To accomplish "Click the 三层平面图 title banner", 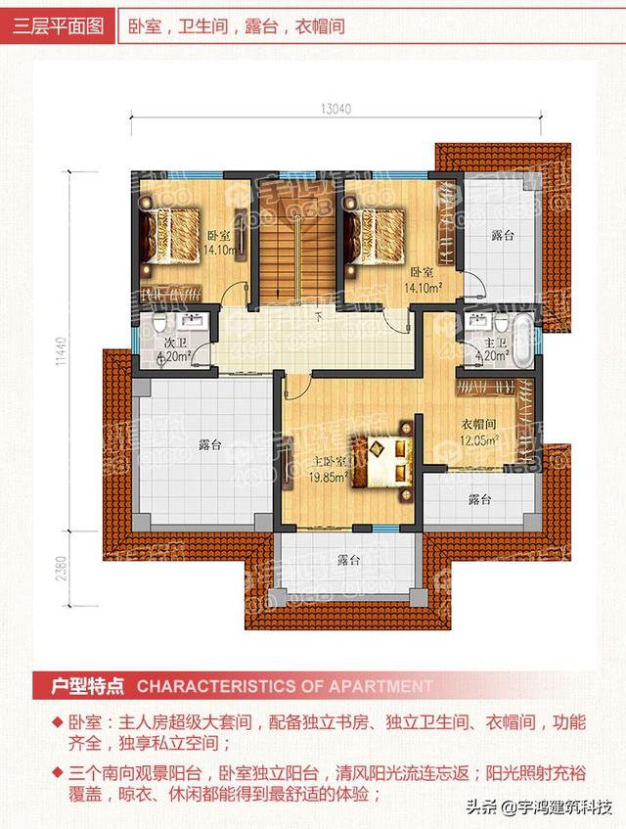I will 57,26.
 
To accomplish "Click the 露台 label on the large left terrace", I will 209,444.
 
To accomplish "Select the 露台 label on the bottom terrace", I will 349,561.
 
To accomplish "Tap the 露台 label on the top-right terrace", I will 503,236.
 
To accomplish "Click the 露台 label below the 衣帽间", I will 478,500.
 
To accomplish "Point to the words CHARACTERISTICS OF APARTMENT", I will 284,686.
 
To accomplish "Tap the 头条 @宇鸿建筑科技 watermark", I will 539,807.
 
